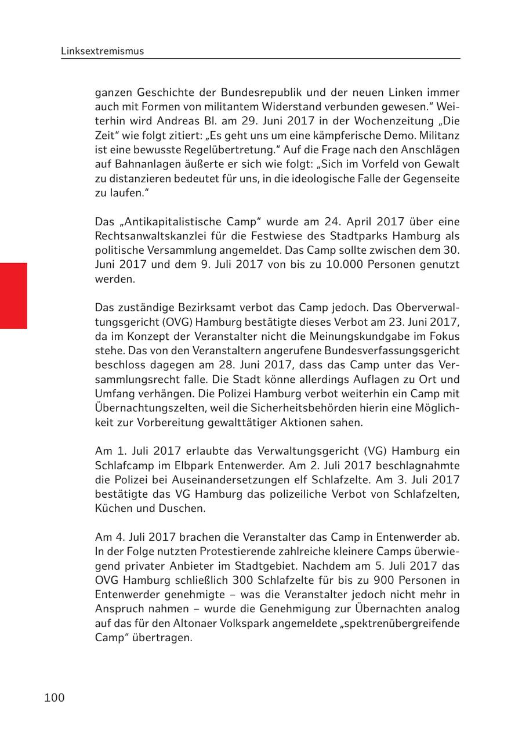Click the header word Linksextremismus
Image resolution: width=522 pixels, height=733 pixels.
[x=102, y=51]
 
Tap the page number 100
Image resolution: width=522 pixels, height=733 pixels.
[x=55, y=698]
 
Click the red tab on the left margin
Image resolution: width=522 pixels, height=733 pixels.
[x=13, y=296]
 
